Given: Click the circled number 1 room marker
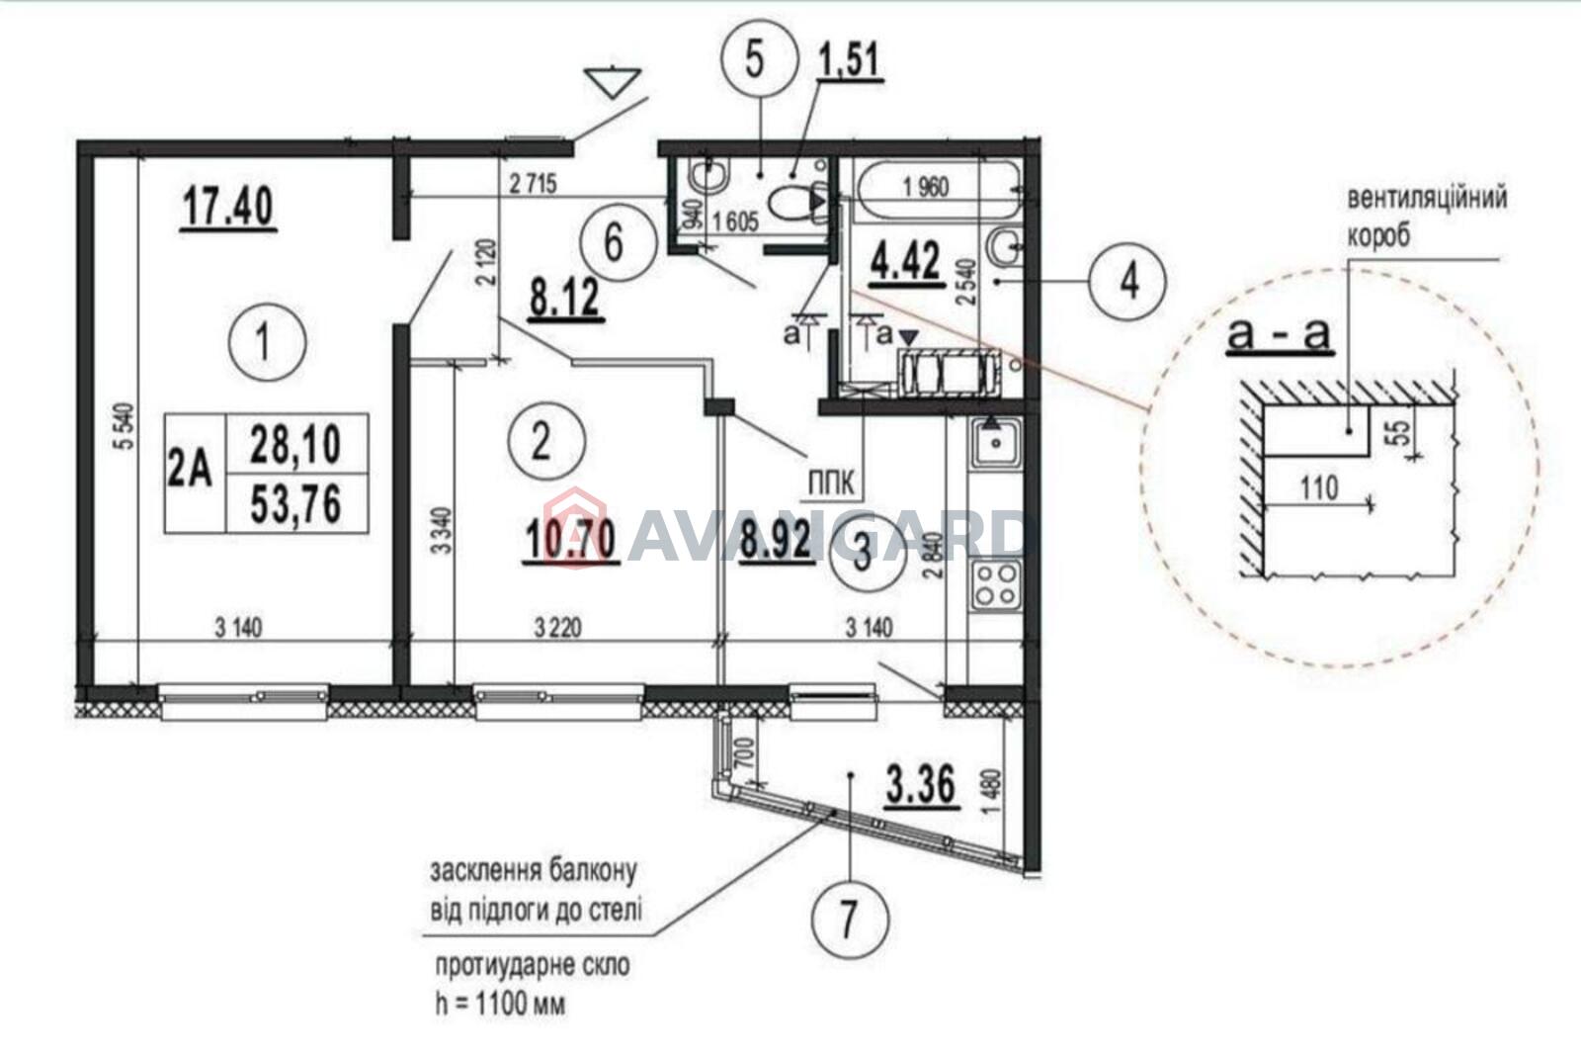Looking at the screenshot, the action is point(267,343).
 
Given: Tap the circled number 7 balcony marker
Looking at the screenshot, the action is point(851,919).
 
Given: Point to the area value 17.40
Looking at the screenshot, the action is point(228,209).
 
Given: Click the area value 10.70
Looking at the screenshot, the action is point(570,542).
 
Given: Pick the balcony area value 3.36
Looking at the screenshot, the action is point(922,785).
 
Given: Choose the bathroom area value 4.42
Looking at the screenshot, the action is point(906,263).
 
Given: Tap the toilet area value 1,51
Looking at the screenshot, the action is point(850,60).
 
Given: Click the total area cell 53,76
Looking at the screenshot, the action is point(296,504).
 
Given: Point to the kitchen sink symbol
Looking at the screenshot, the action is point(996,443).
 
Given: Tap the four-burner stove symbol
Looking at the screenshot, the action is point(996,585).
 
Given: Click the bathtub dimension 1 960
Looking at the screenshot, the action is point(926,188).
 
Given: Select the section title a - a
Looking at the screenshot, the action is point(1279,334).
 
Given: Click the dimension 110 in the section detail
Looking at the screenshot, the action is point(1319,487).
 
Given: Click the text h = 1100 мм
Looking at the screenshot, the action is point(500,1005).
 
